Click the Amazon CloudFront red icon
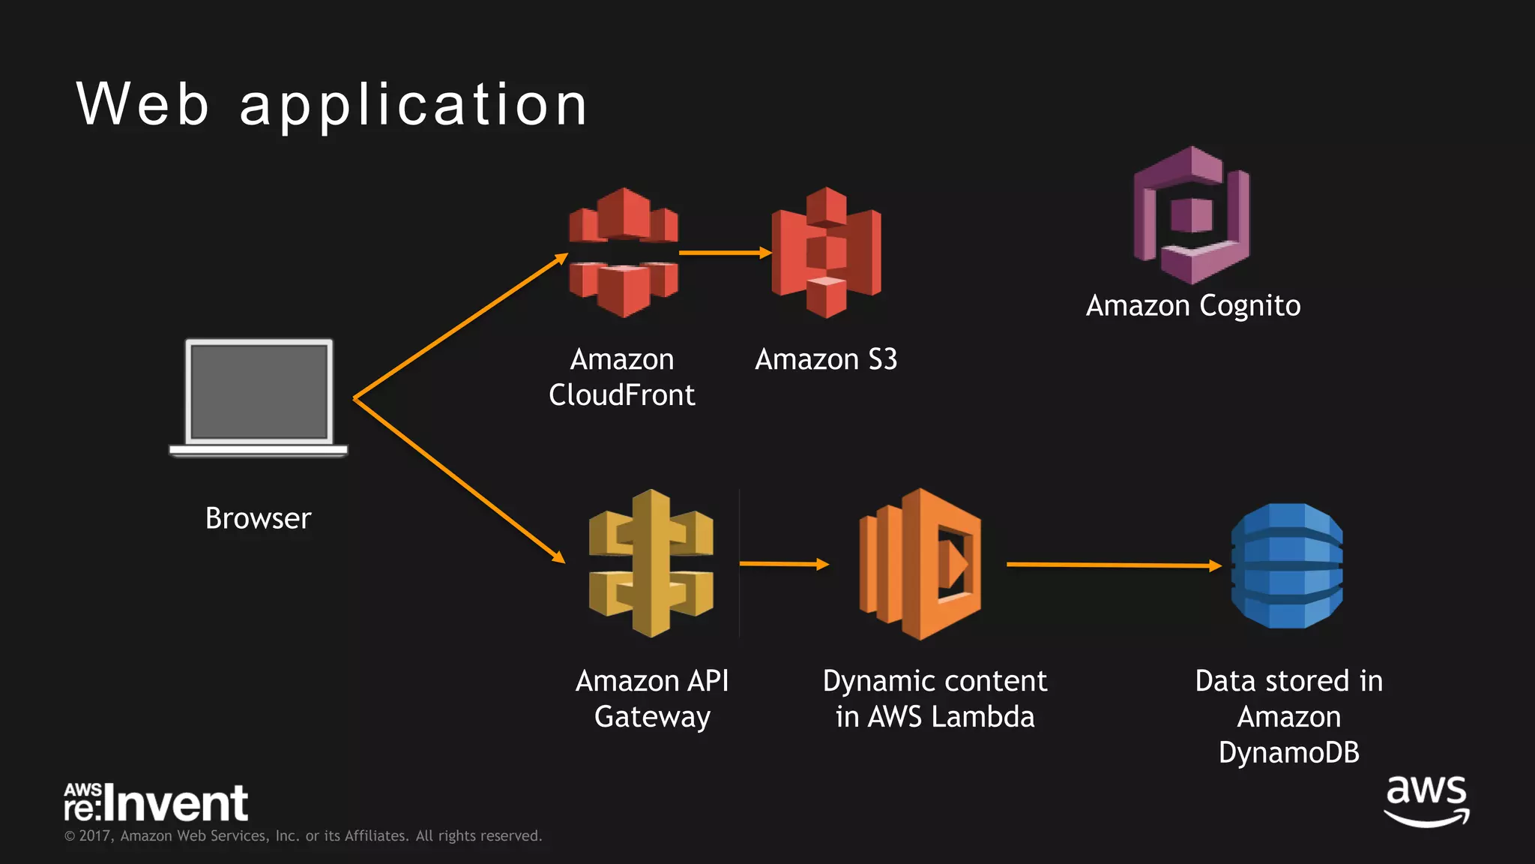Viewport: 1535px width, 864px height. pyautogui.click(x=623, y=253)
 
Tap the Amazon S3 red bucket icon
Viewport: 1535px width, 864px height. pyautogui.click(x=826, y=253)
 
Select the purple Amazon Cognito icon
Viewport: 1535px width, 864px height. pyautogui.click(x=1191, y=215)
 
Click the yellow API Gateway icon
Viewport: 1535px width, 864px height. pyautogui.click(x=651, y=563)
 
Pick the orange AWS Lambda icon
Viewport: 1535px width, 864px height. pyautogui.click(x=920, y=564)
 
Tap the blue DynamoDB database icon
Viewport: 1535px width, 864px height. pyautogui.click(x=1287, y=565)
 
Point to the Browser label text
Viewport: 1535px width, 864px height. pyautogui.click(x=258, y=518)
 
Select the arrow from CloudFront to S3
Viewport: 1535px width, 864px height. pyautogui.click(x=724, y=253)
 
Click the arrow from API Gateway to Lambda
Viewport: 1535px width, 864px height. pyautogui.click(x=783, y=563)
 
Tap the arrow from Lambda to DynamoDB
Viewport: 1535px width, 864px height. pyautogui.click(x=1113, y=565)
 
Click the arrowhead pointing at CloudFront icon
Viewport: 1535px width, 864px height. pyautogui.click(x=561, y=259)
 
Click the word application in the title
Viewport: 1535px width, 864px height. pyautogui.click(x=414, y=105)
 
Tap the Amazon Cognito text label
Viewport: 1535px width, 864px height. pyautogui.click(x=1193, y=306)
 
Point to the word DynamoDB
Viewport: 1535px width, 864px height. pyautogui.click(x=1288, y=752)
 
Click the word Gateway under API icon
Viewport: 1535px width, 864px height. pyautogui.click(x=652, y=717)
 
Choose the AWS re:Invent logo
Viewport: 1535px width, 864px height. pyautogui.click(x=155, y=802)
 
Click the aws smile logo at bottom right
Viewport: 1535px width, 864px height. pyautogui.click(x=1426, y=801)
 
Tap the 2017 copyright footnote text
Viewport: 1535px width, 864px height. pyautogui.click(x=303, y=835)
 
